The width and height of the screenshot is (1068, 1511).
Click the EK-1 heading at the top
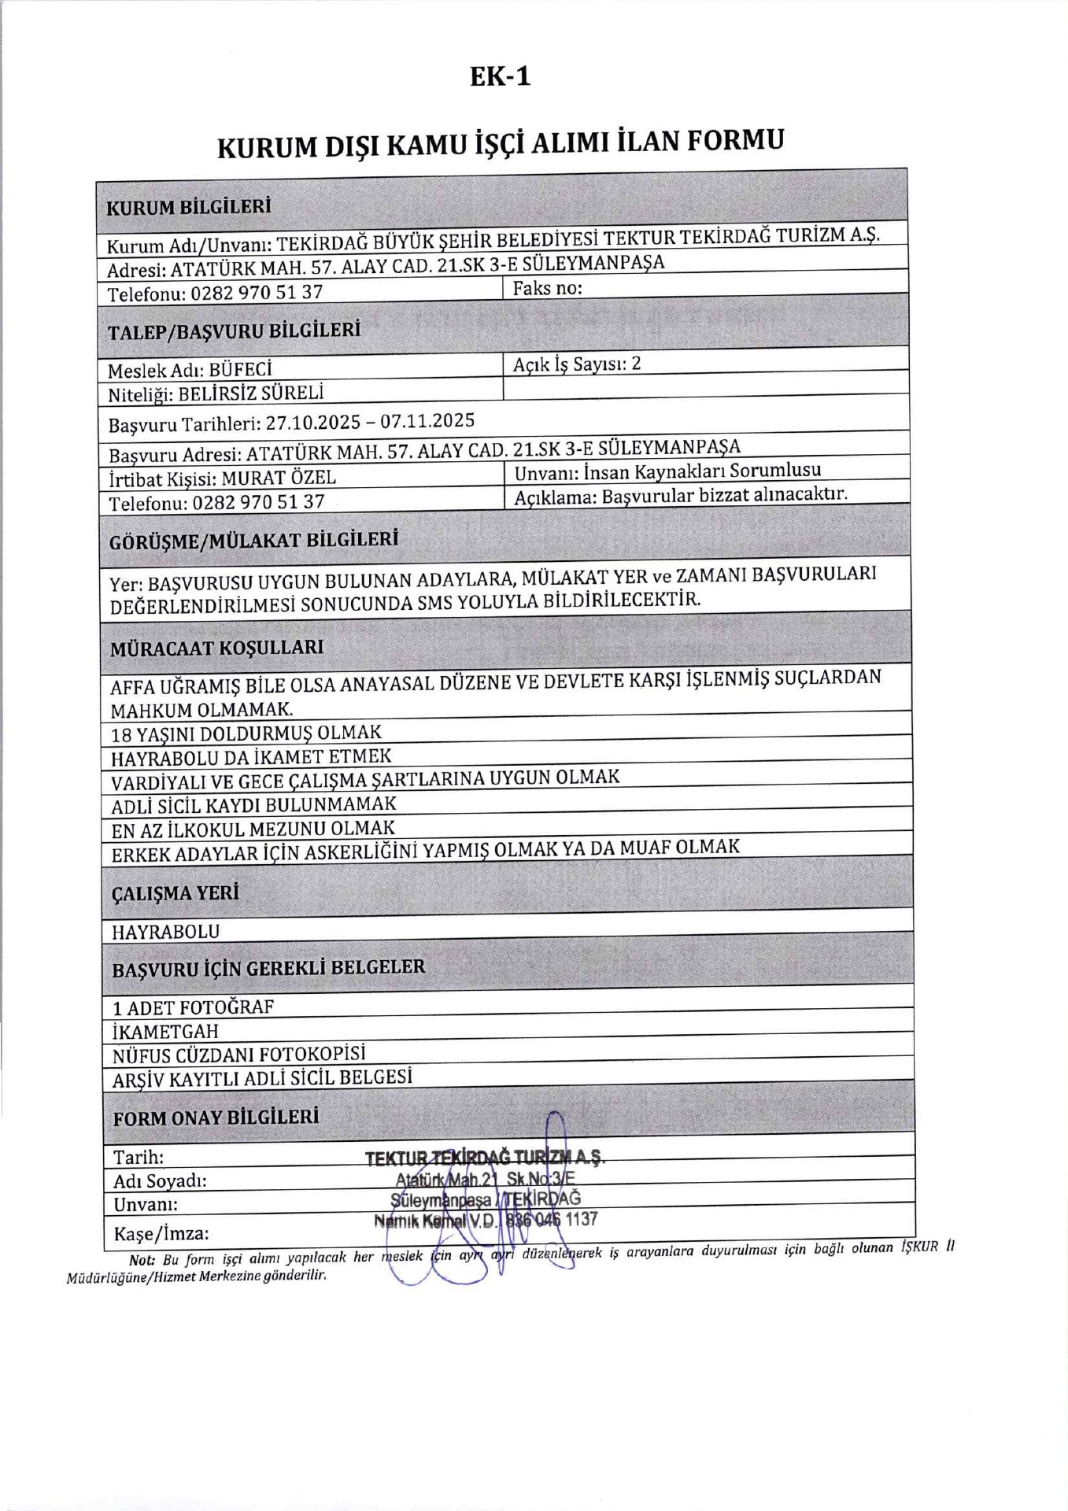500,76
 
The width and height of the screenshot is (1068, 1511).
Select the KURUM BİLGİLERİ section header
189,208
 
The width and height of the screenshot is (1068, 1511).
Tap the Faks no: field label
547,288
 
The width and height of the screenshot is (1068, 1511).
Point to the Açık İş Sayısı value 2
636,363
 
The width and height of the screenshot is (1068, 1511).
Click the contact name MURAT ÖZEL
279,478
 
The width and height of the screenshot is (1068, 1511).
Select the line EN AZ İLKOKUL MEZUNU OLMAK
253,829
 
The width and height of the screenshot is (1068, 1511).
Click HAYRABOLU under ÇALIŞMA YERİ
165,932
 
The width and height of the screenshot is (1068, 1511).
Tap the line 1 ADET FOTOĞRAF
193,1007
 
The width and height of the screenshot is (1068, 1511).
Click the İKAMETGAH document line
165,1031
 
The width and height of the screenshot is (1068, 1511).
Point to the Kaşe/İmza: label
161,1233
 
